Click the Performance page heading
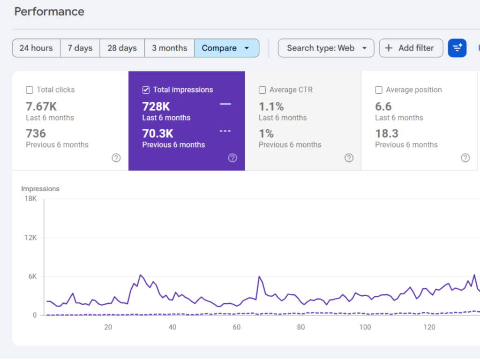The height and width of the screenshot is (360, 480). point(49,12)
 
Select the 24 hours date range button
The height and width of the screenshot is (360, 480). point(36,48)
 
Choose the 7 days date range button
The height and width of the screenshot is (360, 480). point(80,48)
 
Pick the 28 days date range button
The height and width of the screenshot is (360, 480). point(122,48)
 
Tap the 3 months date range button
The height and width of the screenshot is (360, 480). point(169,48)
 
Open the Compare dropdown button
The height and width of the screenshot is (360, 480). point(226,48)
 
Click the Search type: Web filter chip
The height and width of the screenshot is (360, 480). point(326,48)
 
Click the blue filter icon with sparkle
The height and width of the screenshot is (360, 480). point(457,48)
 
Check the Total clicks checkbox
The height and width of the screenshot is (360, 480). point(30,90)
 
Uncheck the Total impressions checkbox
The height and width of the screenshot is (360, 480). point(146,90)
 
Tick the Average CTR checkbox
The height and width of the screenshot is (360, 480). point(262,90)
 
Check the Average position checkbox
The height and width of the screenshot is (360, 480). point(379,90)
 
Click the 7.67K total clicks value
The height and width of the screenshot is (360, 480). point(42,106)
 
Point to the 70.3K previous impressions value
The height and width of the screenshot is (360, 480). point(158,134)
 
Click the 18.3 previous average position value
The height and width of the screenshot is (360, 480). point(387,134)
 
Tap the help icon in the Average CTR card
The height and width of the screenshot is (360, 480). point(349,158)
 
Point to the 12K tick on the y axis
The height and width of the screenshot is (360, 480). point(31,238)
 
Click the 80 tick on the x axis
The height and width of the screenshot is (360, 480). point(301,327)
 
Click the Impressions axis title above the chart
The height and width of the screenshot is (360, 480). point(40,189)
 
